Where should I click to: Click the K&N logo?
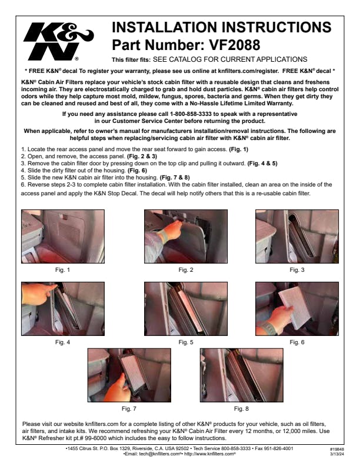[58, 42]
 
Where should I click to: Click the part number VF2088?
[235, 45]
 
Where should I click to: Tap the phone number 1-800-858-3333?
[191, 114]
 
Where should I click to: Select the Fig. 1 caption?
[62, 270]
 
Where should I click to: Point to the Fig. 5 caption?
[186, 342]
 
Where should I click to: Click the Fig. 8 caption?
[241, 409]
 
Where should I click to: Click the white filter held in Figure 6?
[295, 308]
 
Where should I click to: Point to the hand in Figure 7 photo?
[119, 388]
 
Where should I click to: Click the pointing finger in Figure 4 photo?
[39, 294]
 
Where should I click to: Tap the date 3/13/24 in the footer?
[337, 454]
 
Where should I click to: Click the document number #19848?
[337, 450]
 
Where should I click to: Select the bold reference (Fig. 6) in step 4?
[137, 170]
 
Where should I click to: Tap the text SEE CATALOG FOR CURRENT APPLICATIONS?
[230, 59]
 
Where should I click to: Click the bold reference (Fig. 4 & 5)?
[262, 163]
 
